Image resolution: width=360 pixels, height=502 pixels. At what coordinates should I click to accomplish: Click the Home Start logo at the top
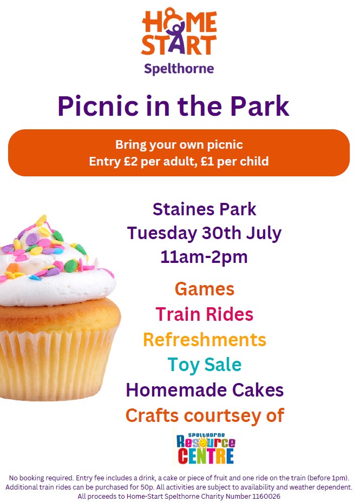click(179, 32)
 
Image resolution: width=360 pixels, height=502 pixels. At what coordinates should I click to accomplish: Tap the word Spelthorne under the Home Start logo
click(179, 68)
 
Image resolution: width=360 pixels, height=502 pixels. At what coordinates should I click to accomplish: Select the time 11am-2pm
click(204, 257)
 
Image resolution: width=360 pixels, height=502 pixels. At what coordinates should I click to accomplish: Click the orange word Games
click(204, 289)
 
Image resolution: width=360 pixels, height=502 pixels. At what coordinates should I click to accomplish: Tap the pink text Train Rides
click(204, 314)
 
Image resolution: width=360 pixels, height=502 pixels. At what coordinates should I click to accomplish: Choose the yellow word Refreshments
click(204, 340)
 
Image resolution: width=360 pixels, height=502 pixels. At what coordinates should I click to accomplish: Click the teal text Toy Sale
click(204, 365)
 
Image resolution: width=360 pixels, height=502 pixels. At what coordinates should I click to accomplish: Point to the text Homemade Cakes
click(204, 389)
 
